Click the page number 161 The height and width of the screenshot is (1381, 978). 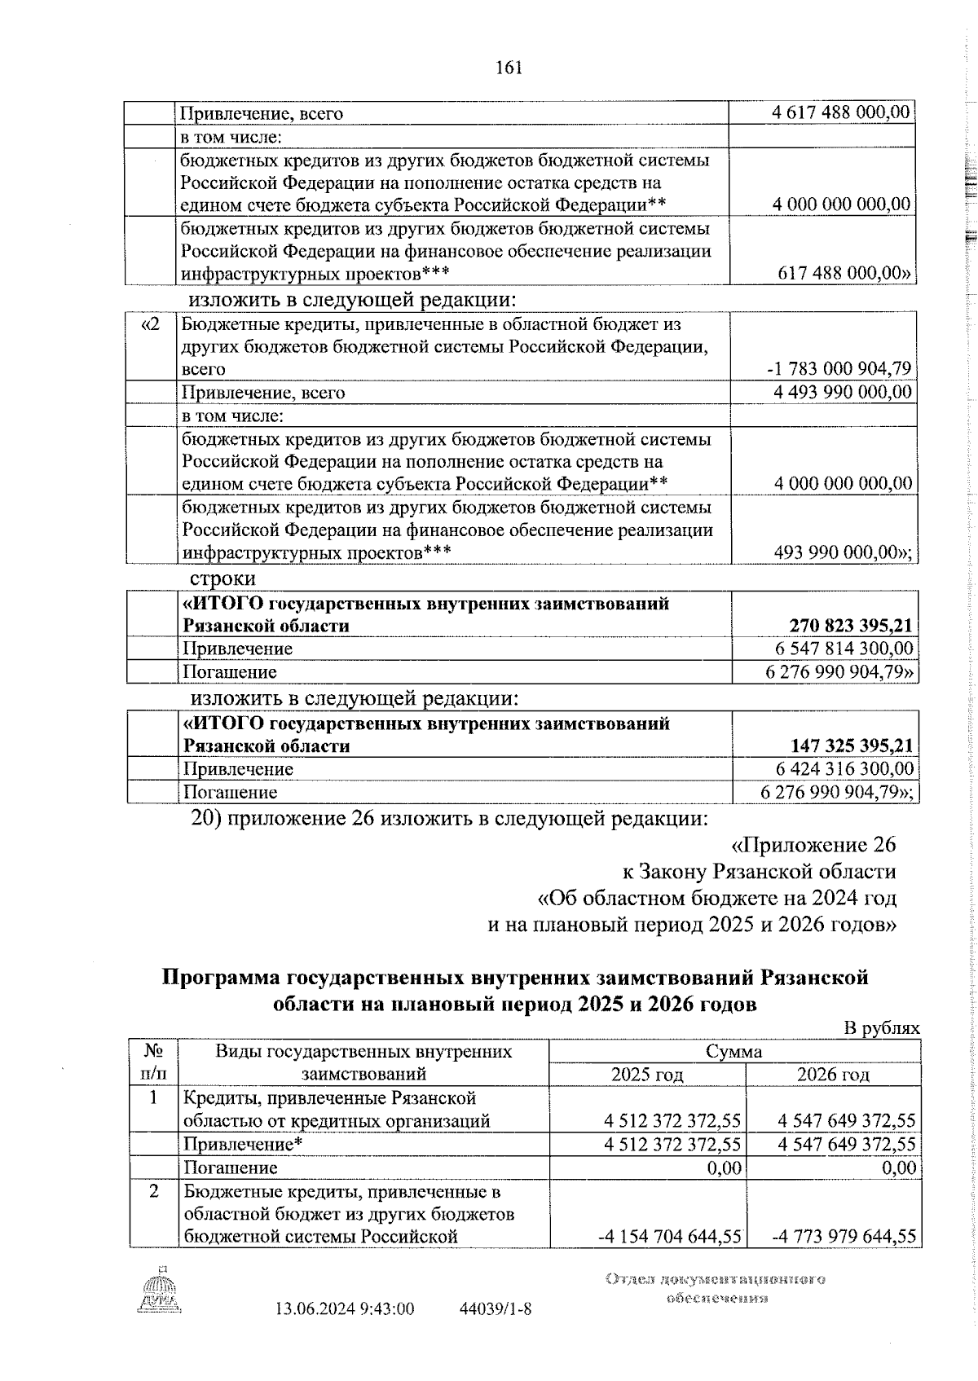509,68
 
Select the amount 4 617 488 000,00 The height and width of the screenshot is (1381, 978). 841,112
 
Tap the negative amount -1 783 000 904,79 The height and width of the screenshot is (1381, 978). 839,369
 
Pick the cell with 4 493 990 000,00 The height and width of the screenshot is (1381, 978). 843,393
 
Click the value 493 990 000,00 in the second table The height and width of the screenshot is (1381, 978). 843,553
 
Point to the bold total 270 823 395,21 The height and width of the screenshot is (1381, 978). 850,626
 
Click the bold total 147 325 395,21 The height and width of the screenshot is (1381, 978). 851,745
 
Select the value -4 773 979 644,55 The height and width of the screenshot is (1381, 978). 844,1236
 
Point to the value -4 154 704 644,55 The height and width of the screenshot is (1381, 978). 669,1236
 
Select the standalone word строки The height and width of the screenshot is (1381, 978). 222,578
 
